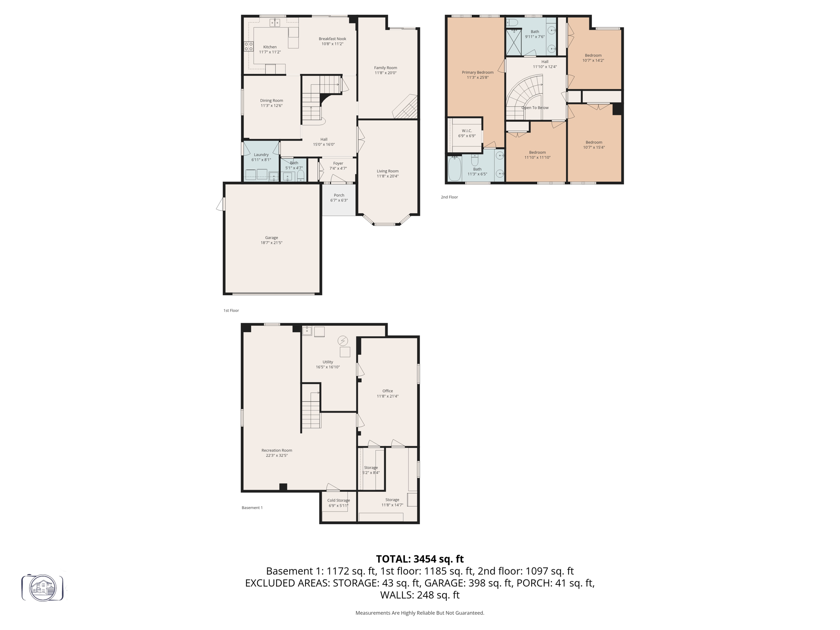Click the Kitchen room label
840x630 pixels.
(x=270, y=47)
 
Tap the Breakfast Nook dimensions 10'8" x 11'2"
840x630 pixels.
(x=332, y=44)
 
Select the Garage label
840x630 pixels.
(x=271, y=237)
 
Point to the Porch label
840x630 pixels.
(x=339, y=195)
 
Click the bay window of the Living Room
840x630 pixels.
(x=387, y=224)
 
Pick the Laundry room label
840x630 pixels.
(x=261, y=155)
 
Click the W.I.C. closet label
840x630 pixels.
(x=467, y=131)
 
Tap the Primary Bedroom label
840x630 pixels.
(x=477, y=72)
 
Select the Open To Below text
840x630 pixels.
(x=535, y=108)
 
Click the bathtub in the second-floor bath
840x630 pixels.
(x=454, y=169)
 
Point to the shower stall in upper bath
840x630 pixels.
(x=513, y=42)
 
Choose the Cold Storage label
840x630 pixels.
(x=338, y=500)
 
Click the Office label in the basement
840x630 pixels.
(x=387, y=391)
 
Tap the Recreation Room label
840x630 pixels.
(x=277, y=450)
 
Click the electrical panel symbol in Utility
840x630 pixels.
(x=343, y=340)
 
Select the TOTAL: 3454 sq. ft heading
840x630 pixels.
(x=420, y=559)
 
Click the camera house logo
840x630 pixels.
(x=43, y=588)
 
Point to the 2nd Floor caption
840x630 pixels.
(x=449, y=197)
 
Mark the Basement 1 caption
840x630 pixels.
(x=252, y=508)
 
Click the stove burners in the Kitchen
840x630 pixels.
(x=249, y=46)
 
